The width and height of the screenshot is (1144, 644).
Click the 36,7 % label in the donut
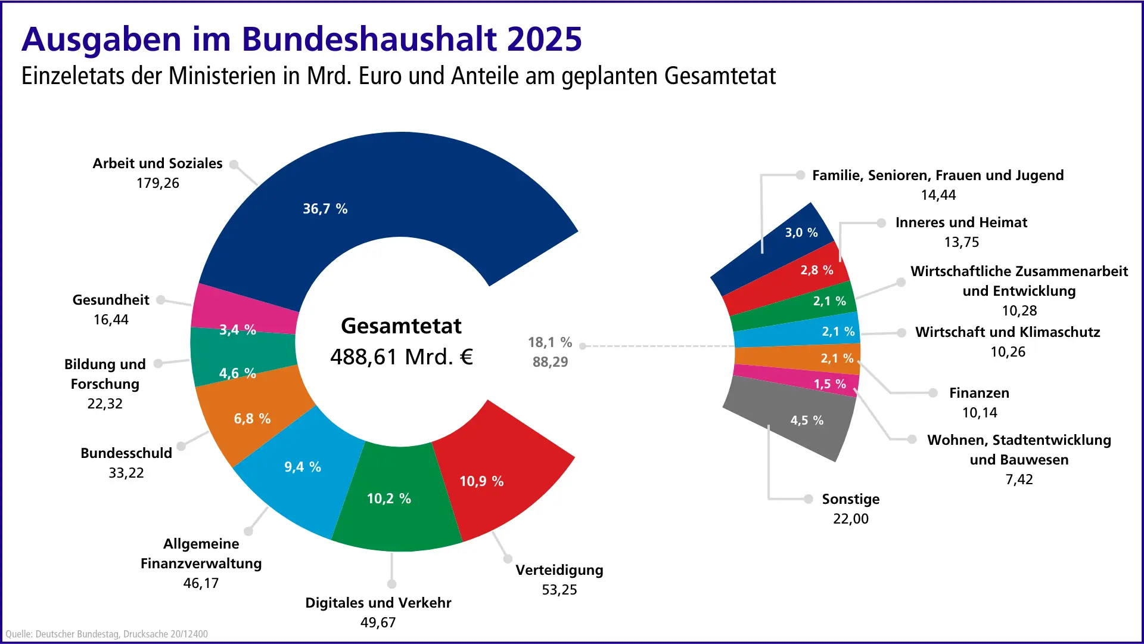point(325,209)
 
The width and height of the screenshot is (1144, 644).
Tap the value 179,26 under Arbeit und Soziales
point(157,183)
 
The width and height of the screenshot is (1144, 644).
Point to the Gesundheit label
point(111,300)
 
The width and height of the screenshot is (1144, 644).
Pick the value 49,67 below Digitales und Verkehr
point(378,623)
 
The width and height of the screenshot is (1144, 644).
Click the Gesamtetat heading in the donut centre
point(401,326)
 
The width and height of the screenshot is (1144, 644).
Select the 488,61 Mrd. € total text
point(401,357)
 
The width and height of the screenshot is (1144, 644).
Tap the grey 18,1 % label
point(549,342)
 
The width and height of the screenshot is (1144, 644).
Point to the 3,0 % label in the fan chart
point(801,233)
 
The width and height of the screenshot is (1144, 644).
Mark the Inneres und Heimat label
point(961,222)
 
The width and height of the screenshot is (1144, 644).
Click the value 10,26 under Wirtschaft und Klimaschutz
point(1008,352)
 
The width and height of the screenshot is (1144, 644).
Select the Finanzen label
point(979,393)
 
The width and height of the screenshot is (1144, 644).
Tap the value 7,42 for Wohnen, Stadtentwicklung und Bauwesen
point(1019,479)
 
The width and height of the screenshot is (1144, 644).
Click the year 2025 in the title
point(544,39)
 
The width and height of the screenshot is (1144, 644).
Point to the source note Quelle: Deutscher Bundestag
point(107,634)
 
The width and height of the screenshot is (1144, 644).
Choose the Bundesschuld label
point(126,453)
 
